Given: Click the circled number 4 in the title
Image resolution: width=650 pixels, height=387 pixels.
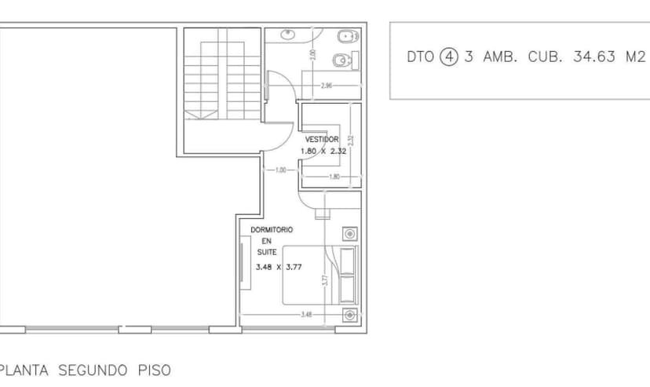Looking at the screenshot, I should click(448, 57).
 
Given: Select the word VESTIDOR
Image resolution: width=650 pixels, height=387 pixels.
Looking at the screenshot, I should click(322, 139).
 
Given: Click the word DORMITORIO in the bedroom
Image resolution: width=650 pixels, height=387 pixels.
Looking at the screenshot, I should click(272, 229).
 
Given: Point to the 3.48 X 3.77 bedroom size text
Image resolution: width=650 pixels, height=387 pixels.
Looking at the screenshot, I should click(279, 267).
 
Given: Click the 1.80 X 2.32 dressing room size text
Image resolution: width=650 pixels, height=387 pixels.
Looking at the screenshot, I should click(323, 151).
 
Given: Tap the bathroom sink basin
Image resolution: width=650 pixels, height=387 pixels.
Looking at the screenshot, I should click(287, 35).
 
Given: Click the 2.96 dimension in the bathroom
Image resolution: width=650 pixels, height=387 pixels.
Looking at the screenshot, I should click(327, 86).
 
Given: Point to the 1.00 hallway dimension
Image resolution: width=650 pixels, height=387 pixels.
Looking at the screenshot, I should click(280, 170).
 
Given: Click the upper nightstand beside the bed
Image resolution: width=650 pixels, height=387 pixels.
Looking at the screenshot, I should click(349, 233).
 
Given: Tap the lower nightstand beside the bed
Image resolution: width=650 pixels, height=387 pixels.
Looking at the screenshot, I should click(349, 316).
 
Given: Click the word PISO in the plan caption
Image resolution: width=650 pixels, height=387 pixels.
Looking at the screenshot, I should click(153, 370).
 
